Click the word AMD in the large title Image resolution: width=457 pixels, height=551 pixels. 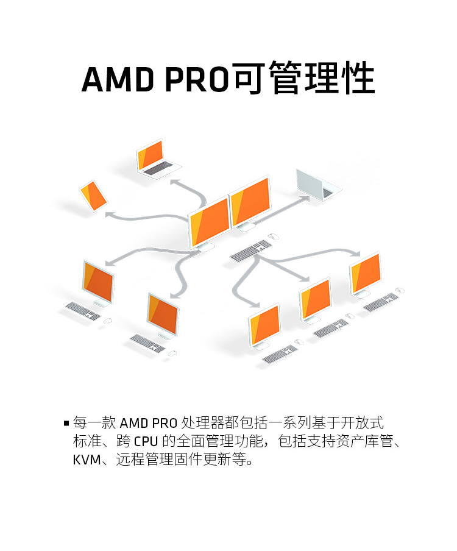point(118,79)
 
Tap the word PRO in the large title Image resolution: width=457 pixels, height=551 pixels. point(197,79)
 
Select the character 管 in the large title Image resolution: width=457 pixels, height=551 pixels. point(286,77)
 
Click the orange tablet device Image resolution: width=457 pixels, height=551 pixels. point(93,196)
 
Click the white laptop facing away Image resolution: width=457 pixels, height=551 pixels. point(317,185)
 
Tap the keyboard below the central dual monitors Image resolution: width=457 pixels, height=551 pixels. point(251,251)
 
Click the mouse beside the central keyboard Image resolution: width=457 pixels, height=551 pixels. point(274,236)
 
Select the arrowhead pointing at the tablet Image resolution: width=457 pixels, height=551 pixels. point(110,214)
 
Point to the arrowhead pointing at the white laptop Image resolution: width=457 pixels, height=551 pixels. point(306,199)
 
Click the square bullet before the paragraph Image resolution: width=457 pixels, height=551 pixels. point(66,423)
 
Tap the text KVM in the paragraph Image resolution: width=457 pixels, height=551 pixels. point(86,460)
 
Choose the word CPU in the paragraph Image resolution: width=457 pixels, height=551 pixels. point(146,441)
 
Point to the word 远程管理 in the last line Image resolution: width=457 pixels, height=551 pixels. point(144,459)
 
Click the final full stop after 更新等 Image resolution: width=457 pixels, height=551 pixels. point(250,463)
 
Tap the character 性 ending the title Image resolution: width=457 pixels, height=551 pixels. point(358,77)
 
